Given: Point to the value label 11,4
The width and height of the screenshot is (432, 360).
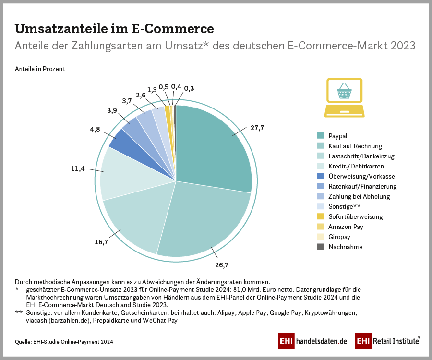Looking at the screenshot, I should click(x=79, y=168).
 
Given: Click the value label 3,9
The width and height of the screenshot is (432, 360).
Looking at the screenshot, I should click(x=111, y=110).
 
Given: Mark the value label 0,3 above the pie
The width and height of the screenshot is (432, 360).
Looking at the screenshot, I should click(x=189, y=88).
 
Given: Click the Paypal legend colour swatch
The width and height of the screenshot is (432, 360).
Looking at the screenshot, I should click(x=320, y=136).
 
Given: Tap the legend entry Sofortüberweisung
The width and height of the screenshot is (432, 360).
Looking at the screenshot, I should click(x=355, y=216).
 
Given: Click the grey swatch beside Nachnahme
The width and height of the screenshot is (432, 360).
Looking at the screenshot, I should click(x=320, y=247).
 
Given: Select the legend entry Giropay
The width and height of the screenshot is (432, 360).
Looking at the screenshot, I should click(x=340, y=237).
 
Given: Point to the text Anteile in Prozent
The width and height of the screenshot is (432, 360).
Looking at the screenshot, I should click(x=39, y=69).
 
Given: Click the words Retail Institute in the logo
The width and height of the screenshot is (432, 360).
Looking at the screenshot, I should click(x=396, y=341).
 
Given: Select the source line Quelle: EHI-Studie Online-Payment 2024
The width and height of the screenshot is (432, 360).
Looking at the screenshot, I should click(x=64, y=341).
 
